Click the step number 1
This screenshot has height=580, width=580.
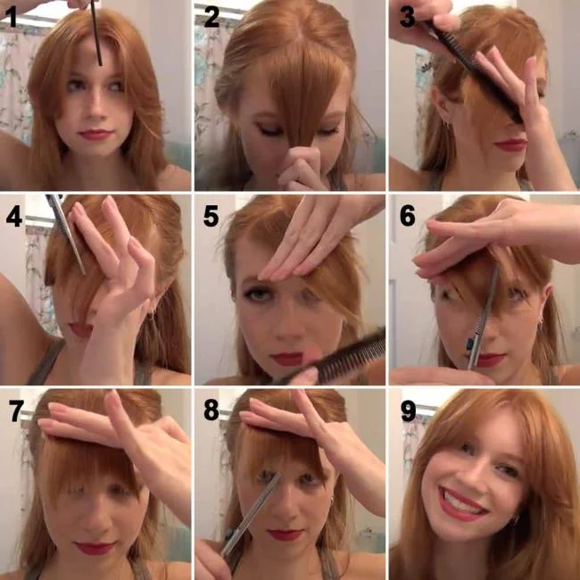12,18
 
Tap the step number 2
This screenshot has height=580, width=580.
210,18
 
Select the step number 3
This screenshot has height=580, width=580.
406,18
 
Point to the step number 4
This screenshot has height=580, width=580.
13,217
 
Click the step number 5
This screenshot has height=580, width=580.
211,217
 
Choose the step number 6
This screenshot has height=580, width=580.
407,217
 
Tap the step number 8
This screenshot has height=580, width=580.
211,411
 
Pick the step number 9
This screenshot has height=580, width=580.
407,411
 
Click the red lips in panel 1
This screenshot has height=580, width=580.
95,135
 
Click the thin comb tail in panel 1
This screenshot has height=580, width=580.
98,36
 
